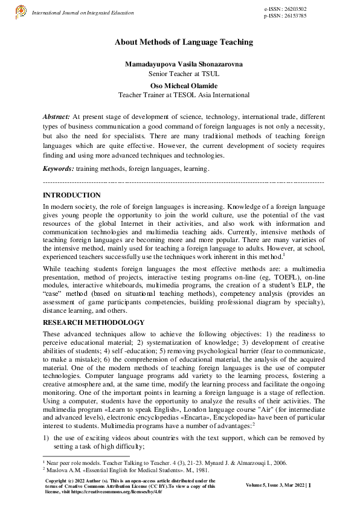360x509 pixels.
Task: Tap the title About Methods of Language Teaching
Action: (184, 42)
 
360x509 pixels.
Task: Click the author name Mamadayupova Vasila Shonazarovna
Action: (184, 64)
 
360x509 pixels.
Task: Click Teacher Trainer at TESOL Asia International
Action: (184, 95)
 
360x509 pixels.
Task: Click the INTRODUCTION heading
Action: (72, 195)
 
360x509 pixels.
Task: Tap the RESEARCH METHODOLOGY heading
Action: (94, 322)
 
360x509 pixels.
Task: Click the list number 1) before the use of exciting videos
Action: (47, 438)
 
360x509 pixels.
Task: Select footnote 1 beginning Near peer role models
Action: (163, 463)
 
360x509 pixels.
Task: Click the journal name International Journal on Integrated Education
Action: (82, 13)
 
